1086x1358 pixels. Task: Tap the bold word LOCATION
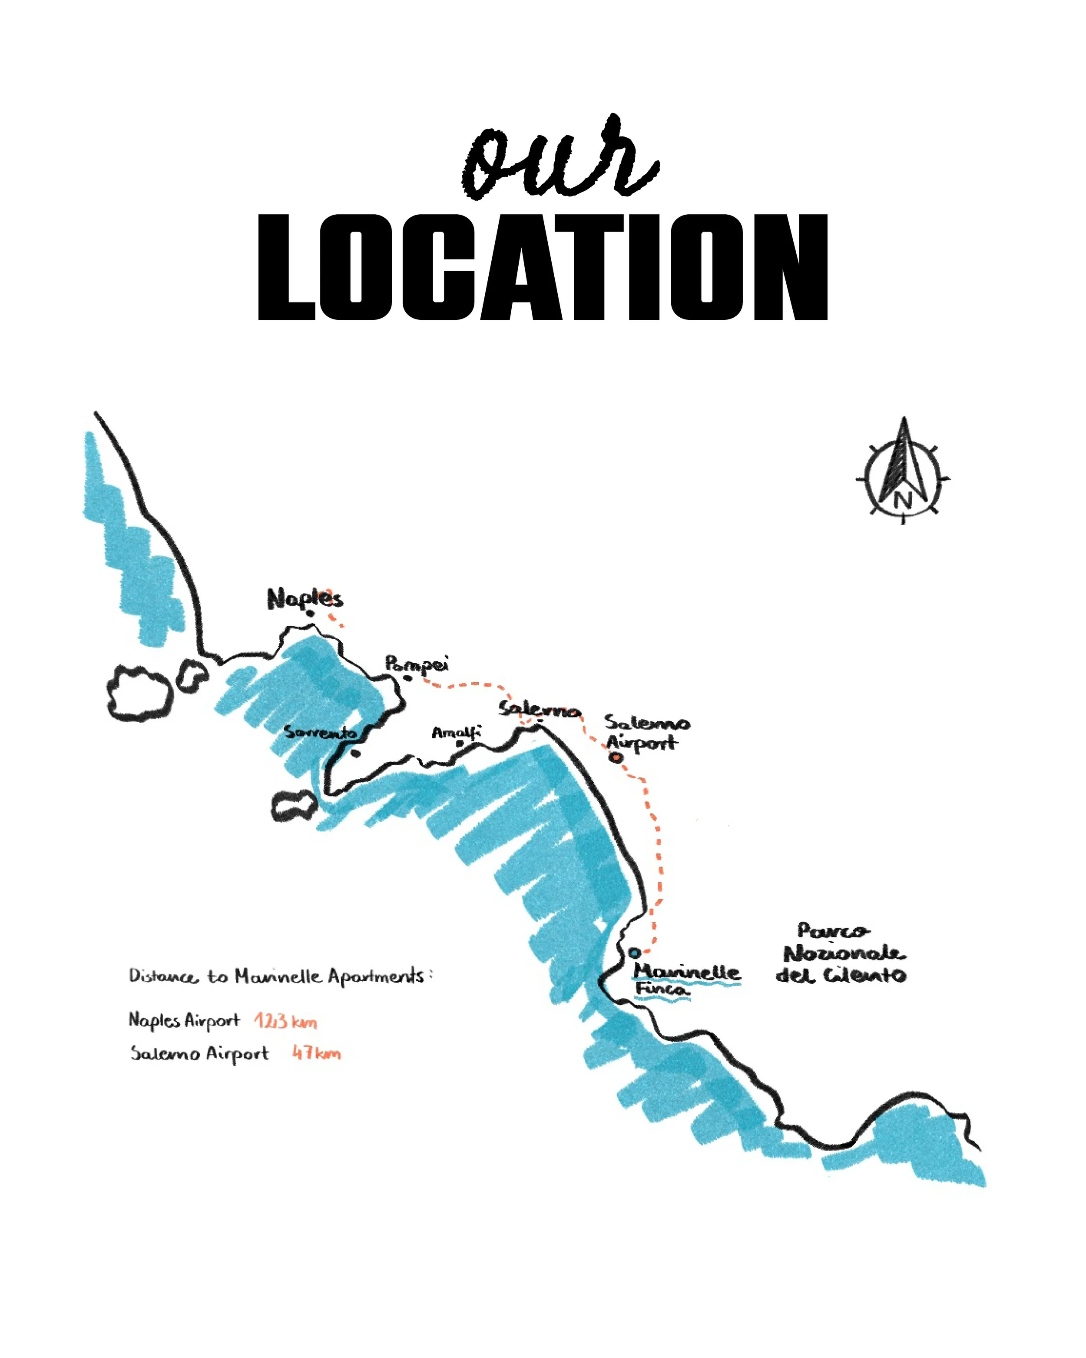pyautogui.click(x=543, y=267)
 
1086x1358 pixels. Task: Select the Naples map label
pyautogui.click(x=305, y=598)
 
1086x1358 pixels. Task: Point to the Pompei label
pyautogui.click(x=416, y=664)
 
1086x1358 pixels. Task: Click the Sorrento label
pyautogui.click(x=320, y=733)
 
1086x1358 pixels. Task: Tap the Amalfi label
pyautogui.click(x=456, y=733)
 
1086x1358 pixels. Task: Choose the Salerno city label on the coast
pyautogui.click(x=540, y=710)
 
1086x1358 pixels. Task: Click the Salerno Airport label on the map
pyautogui.click(x=646, y=733)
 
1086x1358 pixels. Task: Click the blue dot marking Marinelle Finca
pyautogui.click(x=635, y=953)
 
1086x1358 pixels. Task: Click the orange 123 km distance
pyautogui.click(x=285, y=1021)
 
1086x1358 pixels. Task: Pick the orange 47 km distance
pyautogui.click(x=316, y=1053)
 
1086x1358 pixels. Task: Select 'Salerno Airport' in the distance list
pyautogui.click(x=199, y=1053)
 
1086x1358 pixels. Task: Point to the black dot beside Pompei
pyautogui.click(x=407, y=678)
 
